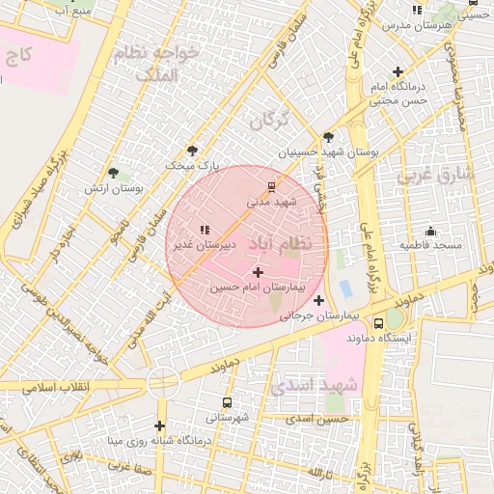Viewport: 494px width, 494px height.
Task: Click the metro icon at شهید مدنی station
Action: [x=271, y=186]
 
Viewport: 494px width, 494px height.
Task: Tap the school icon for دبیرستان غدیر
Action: [x=205, y=230]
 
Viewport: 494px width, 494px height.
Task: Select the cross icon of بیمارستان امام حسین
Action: [x=257, y=273]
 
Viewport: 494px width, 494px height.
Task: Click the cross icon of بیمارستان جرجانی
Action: [x=319, y=301]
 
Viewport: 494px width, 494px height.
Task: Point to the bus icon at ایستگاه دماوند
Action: [x=378, y=324]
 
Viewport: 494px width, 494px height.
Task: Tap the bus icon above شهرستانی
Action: [x=227, y=402]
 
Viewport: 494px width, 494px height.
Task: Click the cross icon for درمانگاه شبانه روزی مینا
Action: [x=159, y=425]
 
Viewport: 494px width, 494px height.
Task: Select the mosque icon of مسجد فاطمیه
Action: [x=430, y=231]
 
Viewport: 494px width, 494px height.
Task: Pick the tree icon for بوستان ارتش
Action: [x=114, y=173]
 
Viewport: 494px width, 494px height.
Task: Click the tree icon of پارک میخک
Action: [x=192, y=150]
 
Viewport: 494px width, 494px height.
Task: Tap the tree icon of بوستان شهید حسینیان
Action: [x=329, y=137]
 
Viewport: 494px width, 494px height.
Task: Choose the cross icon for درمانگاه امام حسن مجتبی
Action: [x=398, y=72]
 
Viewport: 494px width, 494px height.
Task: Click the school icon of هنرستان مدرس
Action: [x=417, y=10]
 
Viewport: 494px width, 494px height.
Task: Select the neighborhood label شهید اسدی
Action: [x=314, y=386]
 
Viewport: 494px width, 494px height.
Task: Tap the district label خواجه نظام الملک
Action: [x=154, y=63]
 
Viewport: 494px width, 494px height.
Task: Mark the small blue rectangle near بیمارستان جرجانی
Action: [x=345, y=288]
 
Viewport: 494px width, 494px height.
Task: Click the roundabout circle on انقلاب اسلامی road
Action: [x=162, y=383]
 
